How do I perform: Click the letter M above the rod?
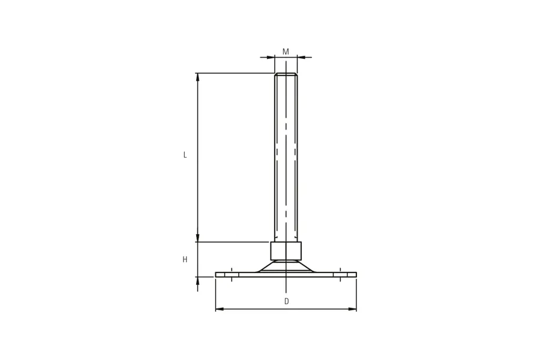pyautogui.click(x=286, y=52)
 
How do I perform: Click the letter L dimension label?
pyautogui.click(x=185, y=155)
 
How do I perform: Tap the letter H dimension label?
pyautogui.click(x=185, y=259)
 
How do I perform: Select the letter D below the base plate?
pyautogui.click(x=287, y=301)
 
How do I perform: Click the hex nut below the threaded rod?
pyautogui.click(x=286, y=251)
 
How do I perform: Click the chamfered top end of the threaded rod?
pyautogui.click(x=286, y=74)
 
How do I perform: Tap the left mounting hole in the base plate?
pyautogui.click(x=232, y=275)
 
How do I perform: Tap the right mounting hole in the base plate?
pyautogui.click(x=340, y=275)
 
